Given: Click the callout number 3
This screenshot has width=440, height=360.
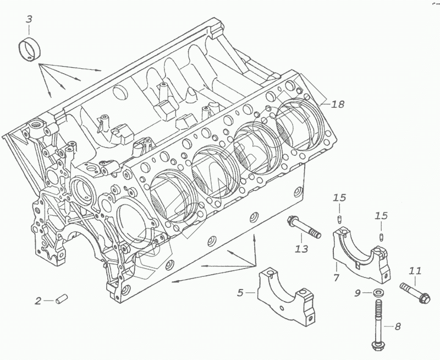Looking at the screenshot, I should pyautogui.click(x=29, y=19).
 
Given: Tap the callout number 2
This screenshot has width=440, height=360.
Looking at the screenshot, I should pyautogui.click(x=38, y=301).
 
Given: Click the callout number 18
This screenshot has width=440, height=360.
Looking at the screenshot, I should pyautogui.click(x=338, y=103).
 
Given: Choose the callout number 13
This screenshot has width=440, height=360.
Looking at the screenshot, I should pyautogui.click(x=301, y=249).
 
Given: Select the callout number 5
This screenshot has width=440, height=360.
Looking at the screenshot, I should pyautogui.click(x=240, y=293).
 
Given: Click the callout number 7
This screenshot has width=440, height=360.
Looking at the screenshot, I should pyautogui.click(x=337, y=278).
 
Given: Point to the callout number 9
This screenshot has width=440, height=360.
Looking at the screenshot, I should pyautogui.click(x=357, y=293).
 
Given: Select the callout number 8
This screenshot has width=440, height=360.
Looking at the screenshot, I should pyautogui.click(x=398, y=326).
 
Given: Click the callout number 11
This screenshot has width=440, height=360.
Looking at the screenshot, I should pyautogui.click(x=415, y=271).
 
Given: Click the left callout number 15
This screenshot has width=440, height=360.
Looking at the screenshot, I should pyautogui.click(x=339, y=198).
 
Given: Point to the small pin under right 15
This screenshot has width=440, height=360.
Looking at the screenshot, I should pyautogui.click(x=381, y=237).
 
